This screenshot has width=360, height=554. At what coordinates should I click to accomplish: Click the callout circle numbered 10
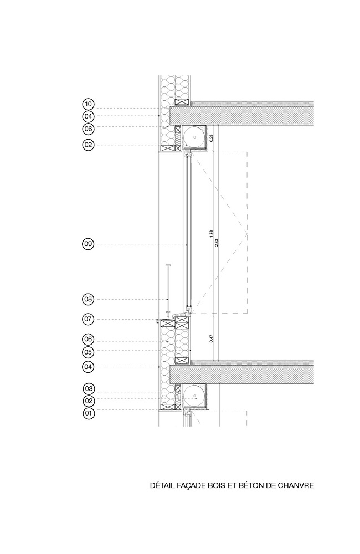tap(88, 104)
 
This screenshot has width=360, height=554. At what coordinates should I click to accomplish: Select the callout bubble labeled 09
tap(88, 244)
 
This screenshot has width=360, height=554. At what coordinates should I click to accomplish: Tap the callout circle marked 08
tap(88, 300)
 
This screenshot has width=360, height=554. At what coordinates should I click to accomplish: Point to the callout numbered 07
tap(88, 320)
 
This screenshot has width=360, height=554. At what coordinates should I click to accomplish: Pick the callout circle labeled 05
tap(88, 352)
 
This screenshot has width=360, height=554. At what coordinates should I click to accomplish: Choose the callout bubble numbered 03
tap(89, 389)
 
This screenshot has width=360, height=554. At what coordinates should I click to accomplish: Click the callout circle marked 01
tap(89, 413)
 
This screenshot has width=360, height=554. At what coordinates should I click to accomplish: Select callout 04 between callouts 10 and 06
tap(88, 116)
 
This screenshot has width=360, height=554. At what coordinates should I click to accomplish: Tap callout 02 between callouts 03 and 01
tap(89, 401)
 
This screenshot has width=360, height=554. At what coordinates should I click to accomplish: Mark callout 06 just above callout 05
tap(88, 340)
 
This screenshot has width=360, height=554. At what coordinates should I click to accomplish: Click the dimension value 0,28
tap(212, 138)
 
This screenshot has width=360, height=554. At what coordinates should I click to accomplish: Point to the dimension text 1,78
tap(211, 234)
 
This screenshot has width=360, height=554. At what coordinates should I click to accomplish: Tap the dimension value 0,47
tap(212, 339)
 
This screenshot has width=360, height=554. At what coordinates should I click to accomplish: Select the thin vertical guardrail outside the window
tap(168, 289)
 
